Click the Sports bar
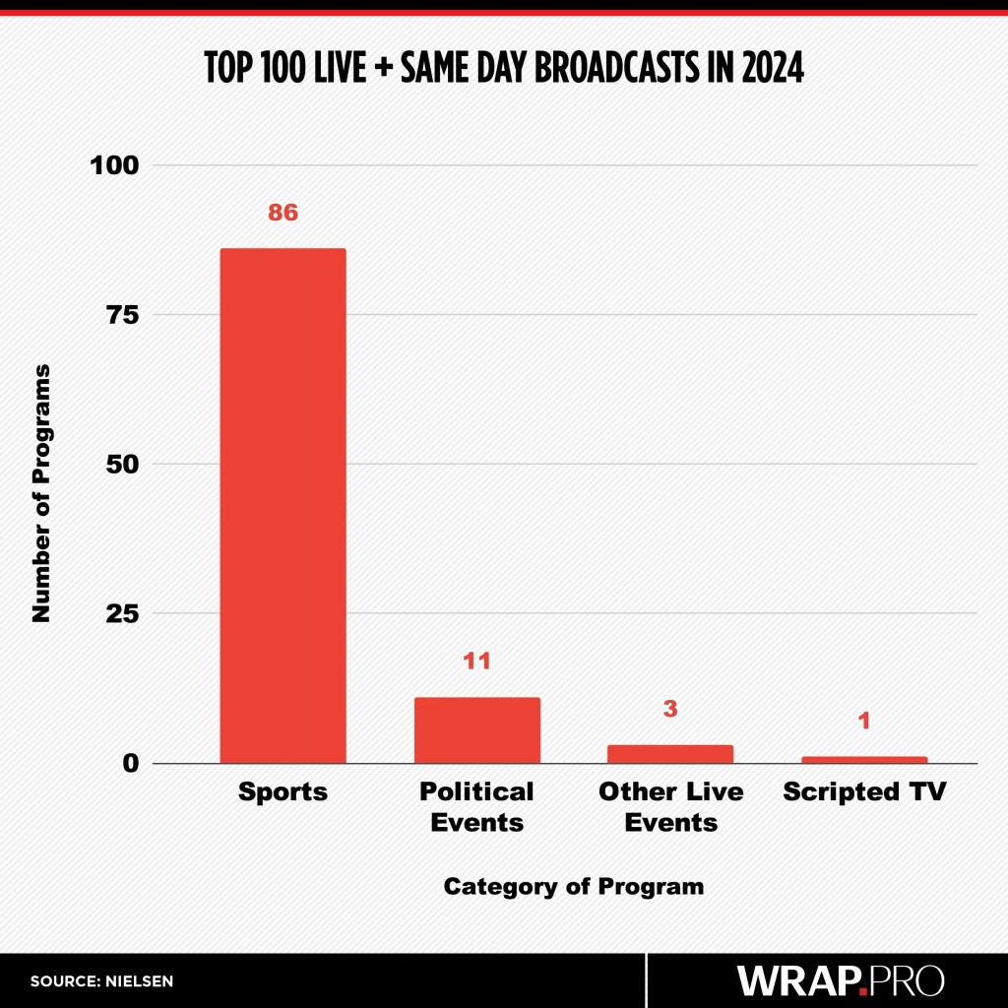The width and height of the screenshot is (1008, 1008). click(x=283, y=505)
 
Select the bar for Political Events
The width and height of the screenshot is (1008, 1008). click(x=477, y=729)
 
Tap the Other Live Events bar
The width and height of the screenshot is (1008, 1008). click(x=670, y=753)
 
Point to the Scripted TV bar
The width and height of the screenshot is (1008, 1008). click(x=863, y=759)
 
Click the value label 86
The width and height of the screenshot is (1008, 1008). click(x=283, y=212)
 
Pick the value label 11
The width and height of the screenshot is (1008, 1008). click(x=477, y=661)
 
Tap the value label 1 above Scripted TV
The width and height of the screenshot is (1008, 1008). click(x=863, y=722)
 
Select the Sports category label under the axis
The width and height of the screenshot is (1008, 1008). click(x=283, y=792)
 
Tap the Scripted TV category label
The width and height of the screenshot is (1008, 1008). click(x=863, y=792)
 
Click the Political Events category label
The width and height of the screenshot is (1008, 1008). click(x=477, y=806)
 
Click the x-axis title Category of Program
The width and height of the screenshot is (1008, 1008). click(x=574, y=886)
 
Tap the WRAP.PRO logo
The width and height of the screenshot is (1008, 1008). click(x=841, y=980)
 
